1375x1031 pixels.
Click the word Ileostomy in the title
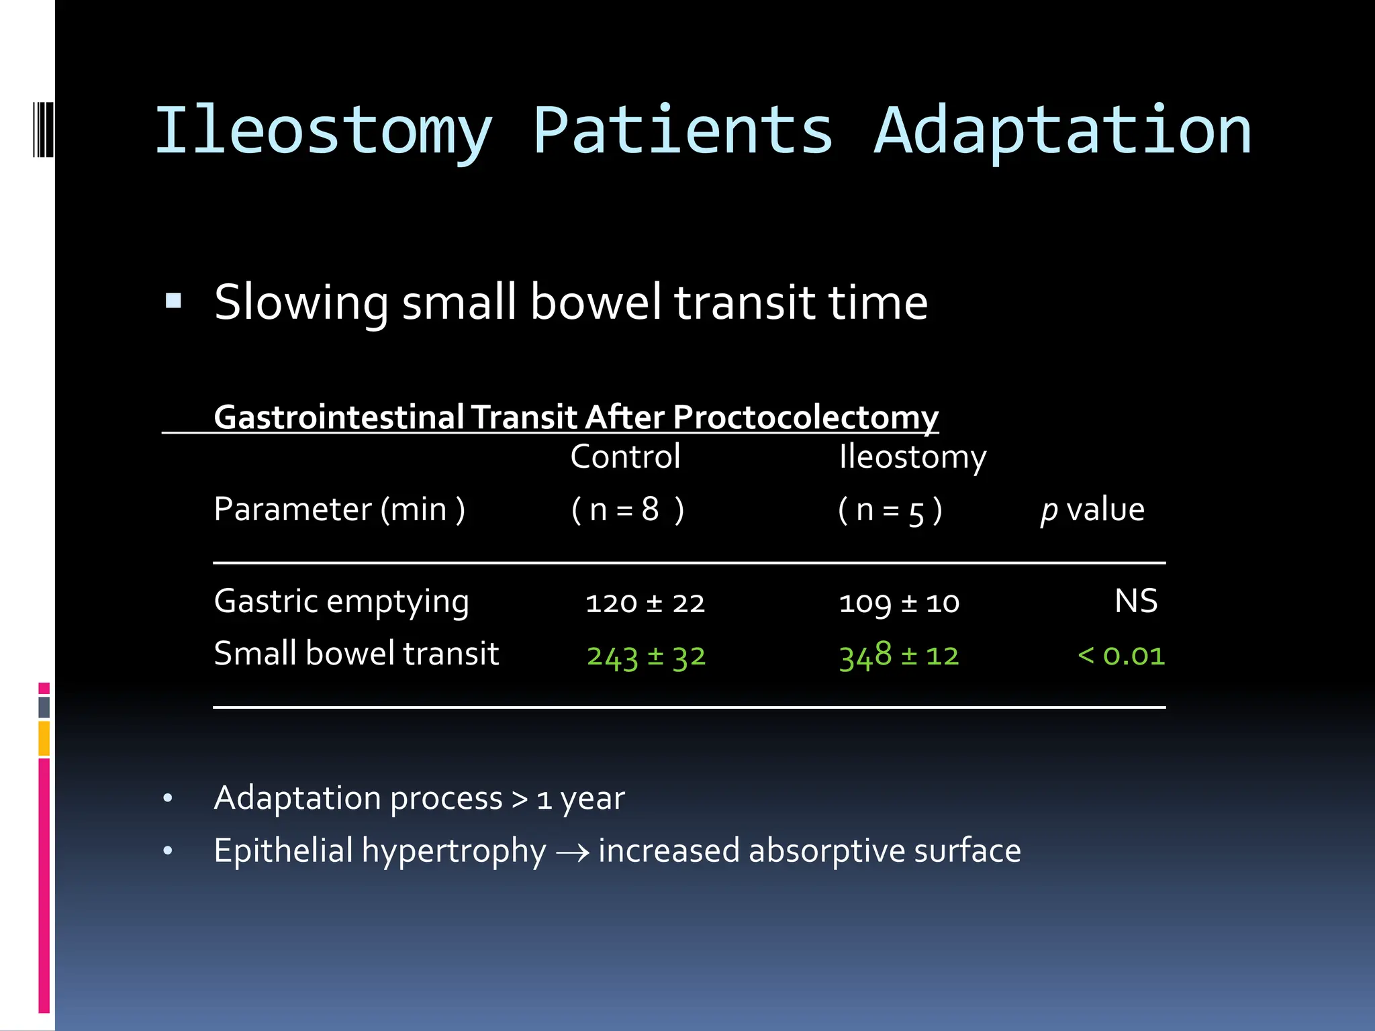point(324,132)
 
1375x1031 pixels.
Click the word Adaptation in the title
point(1062,132)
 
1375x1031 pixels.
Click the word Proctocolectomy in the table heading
point(805,417)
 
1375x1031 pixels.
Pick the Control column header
point(625,457)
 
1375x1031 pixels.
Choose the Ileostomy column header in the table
point(912,457)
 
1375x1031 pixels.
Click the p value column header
point(1092,509)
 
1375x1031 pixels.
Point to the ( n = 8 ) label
point(627,509)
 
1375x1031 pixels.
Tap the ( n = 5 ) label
point(890,510)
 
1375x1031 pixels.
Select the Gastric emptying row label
point(341,601)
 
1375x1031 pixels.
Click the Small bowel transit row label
point(356,654)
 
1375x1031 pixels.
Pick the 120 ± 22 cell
point(645,603)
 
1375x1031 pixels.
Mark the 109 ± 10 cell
point(899,603)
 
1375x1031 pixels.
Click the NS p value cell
point(1136,601)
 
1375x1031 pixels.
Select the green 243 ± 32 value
point(646,656)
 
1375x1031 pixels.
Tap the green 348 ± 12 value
point(899,656)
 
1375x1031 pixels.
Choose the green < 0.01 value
point(1121,656)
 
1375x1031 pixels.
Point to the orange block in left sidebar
point(44,738)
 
